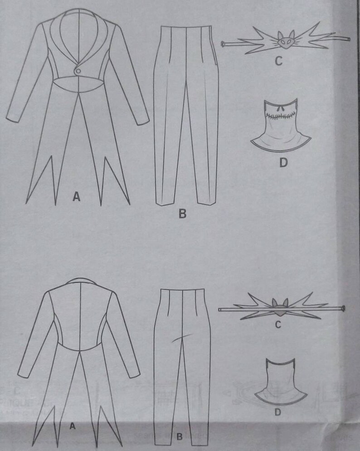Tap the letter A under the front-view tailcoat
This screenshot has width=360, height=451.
pyautogui.click(x=77, y=196)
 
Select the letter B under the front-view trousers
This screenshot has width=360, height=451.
pyautogui.click(x=182, y=213)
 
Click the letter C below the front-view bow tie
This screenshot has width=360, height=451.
pyautogui.click(x=278, y=61)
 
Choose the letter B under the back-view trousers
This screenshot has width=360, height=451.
pyautogui.click(x=179, y=437)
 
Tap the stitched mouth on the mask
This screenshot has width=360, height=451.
pyautogui.click(x=278, y=116)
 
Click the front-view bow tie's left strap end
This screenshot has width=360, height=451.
pyautogui.click(x=224, y=44)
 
